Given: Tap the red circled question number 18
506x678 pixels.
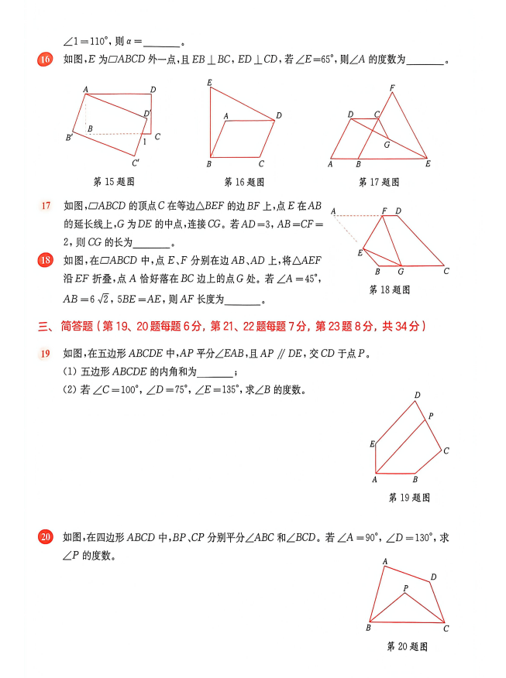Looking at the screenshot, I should coord(46,260).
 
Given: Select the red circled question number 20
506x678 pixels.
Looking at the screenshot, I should coord(46,536).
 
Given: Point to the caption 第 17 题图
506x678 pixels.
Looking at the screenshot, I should coord(379,182).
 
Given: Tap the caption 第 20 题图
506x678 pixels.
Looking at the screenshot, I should coord(407,646).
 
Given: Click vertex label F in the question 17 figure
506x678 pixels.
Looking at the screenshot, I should coord(393,87).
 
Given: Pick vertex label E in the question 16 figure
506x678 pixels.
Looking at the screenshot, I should coord(209,82).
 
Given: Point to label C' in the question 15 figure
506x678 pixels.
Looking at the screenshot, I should coord(136,163).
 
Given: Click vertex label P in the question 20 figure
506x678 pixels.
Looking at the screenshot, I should coord(405,588).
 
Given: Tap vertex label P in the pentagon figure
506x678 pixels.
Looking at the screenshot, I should coord(431,416).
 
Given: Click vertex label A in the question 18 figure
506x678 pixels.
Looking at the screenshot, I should coord(333,211).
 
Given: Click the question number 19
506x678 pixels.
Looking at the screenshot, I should coord(46,354).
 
